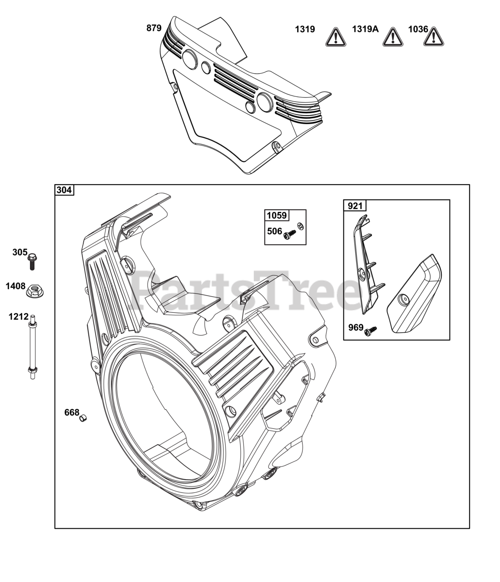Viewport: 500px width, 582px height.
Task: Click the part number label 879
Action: pyautogui.click(x=154, y=28)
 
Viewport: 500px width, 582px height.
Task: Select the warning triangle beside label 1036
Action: pyautogui.click(x=434, y=37)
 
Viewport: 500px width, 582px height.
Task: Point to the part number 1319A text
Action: pyautogui.click(x=365, y=30)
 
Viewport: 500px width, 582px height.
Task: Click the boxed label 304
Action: pyautogui.click(x=64, y=190)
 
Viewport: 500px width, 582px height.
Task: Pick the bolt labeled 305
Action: pyautogui.click(x=32, y=261)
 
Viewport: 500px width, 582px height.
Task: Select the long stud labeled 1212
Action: pyautogui.click(x=32, y=348)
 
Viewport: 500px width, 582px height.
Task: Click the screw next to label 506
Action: pyautogui.click(x=288, y=235)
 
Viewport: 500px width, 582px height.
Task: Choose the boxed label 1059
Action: pyautogui.click(x=277, y=215)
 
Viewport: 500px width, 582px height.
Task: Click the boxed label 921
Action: pyautogui.click(x=355, y=206)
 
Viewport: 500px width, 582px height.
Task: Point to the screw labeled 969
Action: pyautogui.click(x=371, y=331)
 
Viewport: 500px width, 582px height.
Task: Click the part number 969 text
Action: pyautogui.click(x=356, y=327)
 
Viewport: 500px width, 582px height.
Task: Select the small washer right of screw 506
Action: pyautogui.click(x=300, y=226)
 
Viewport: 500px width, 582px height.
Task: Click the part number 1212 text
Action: pyautogui.click(x=18, y=316)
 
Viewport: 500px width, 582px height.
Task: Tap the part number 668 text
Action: pyautogui.click(x=71, y=412)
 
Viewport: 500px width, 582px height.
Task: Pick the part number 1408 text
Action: pyautogui.click(x=15, y=286)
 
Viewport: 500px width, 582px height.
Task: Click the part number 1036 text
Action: pyautogui.click(x=418, y=30)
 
